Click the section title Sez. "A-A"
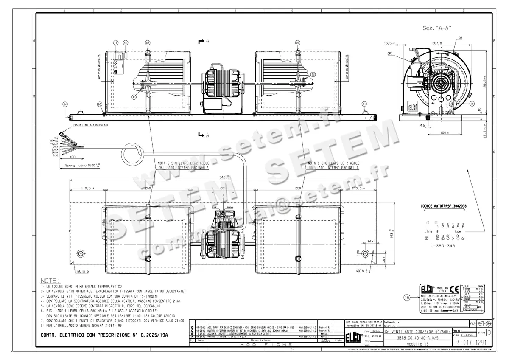(x=437, y=28)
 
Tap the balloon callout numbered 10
(x=472, y=104)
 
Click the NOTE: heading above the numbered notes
(x=50, y=281)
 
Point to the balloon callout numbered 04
(x=65, y=104)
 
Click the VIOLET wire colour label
(x=53, y=143)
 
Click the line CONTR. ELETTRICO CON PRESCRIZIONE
(x=104, y=335)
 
